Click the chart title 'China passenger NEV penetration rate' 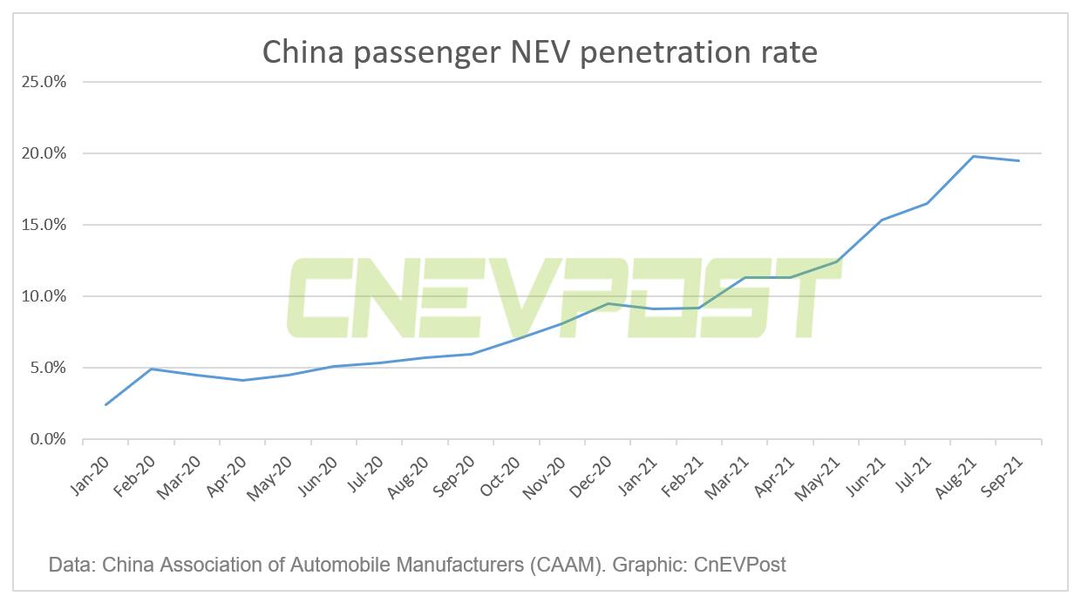coord(540,52)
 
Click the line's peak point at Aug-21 coord(973,156)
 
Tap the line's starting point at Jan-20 coord(105,404)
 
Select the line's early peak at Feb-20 coord(152,369)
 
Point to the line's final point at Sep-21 coord(1019,160)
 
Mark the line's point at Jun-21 coord(881,220)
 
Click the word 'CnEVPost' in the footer coord(740,565)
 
